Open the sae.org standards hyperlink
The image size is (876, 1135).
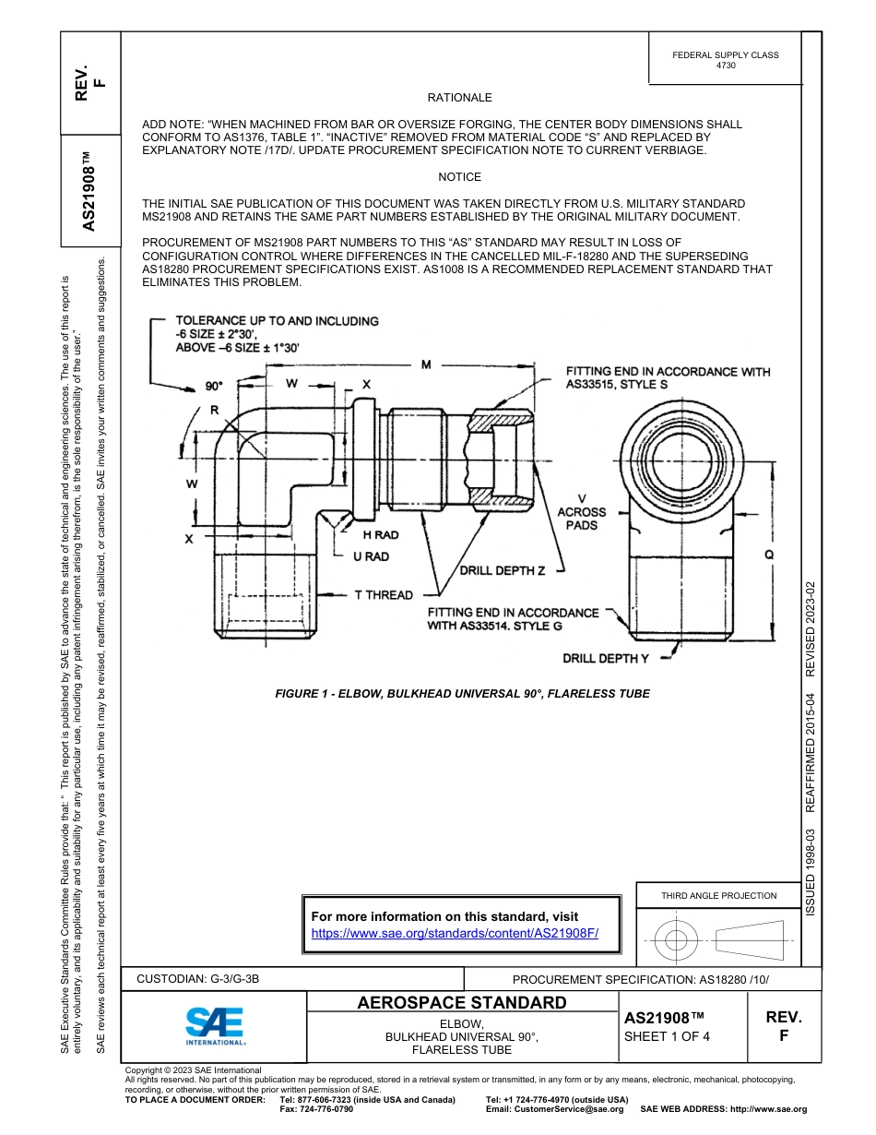[455, 933]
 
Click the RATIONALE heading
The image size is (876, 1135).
[459, 98]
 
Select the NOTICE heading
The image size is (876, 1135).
[459, 177]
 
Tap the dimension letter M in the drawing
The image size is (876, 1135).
[426, 365]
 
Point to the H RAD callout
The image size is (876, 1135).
[380, 535]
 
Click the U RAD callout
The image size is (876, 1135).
[371, 556]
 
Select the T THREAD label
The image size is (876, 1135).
[384, 595]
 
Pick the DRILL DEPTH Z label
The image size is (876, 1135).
[503, 570]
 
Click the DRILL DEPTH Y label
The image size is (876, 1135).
[606, 658]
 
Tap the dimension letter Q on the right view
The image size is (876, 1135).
[768, 555]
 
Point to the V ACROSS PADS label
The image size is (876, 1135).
[582, 512]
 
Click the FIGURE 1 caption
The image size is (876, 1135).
[462, 694]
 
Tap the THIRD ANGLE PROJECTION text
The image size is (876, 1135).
[718, 895]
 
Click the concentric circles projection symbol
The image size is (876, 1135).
[677, 941]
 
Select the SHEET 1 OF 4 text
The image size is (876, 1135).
[667, 1035]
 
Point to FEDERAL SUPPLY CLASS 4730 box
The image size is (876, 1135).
[725, 60]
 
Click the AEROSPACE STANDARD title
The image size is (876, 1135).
[462, 1002]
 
